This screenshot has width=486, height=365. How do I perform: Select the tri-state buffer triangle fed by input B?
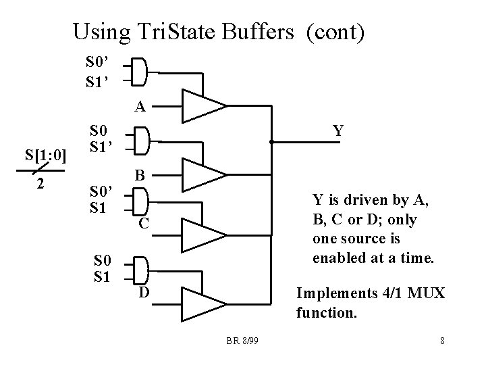click(202, 174)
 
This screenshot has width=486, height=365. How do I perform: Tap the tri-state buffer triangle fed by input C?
click(202, 235)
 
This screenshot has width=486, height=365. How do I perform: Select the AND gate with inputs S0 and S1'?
click(139, 141)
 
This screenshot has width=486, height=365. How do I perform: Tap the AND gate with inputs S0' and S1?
click(139, 201)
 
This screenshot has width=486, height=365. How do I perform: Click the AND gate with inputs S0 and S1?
click(139, 268)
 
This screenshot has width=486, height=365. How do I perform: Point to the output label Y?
click(339, 130)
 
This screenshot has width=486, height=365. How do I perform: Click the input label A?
click(139, 106)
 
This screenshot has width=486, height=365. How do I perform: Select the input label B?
click(140, 174)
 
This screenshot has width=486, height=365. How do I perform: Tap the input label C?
click(144, 224)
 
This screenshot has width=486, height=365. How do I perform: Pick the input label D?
click(144, 292)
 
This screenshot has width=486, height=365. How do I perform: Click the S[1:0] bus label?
click(45, 157)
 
